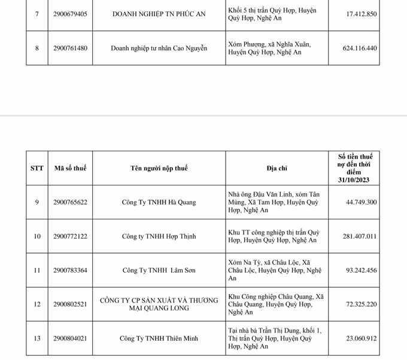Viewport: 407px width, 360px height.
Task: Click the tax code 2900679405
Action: coord(70,14)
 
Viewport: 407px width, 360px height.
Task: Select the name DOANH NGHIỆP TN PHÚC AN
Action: coord(159,14)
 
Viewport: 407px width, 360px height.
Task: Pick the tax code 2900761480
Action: coord(70,48)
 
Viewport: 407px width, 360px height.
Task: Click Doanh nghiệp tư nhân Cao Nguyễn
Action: coord(159,48)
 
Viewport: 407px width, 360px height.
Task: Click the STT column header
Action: coord(37,168)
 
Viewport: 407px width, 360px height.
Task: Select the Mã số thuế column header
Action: coord(70,168)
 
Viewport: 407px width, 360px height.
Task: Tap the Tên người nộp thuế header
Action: coord(159,168)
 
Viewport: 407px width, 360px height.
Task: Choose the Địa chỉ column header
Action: coord(277,168)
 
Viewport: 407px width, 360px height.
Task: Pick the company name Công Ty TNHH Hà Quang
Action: coord(159,202)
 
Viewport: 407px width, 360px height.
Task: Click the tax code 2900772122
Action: coord(70,236)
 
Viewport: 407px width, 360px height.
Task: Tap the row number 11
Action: coord(37,270)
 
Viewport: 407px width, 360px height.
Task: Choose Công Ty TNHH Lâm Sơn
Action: coord(159,270)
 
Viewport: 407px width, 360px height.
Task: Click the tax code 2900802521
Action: coord(70,304)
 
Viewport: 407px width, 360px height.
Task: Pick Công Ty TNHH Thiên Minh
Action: coord(159,338)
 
